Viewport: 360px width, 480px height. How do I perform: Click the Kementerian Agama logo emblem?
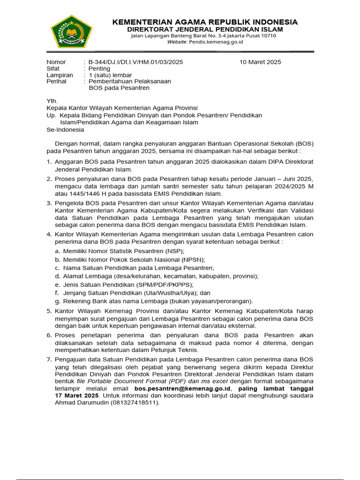[72, 31]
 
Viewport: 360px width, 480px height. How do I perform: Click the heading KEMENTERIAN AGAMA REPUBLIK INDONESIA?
[205, 22]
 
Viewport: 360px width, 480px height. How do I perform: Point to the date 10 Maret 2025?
[261, 62]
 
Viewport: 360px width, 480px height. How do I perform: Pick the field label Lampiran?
[60, 75]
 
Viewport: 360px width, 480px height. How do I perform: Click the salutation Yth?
[52, 101]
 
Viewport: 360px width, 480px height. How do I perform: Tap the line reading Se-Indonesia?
[65, 129]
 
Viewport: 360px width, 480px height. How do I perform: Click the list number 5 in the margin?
[49, 311]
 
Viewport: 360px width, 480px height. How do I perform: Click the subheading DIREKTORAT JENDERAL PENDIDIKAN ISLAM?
[204, 29]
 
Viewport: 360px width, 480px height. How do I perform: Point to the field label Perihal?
[56, 81]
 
